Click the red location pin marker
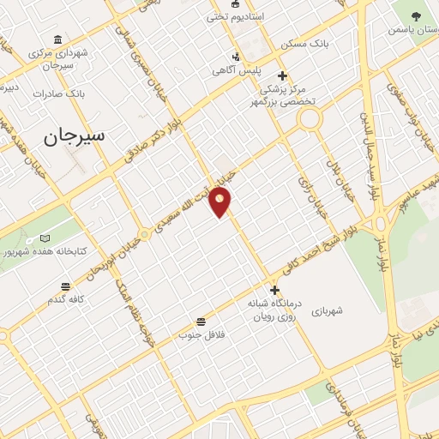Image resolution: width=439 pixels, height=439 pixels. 221,202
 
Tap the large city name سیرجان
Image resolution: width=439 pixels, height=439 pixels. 73,136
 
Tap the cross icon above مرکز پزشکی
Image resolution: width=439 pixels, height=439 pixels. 282,75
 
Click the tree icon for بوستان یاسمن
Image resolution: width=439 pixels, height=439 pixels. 417,15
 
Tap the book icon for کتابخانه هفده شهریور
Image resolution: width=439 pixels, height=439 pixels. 45,238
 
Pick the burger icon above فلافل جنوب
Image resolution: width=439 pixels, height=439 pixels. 200,322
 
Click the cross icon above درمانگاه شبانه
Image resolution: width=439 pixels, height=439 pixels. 274,290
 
